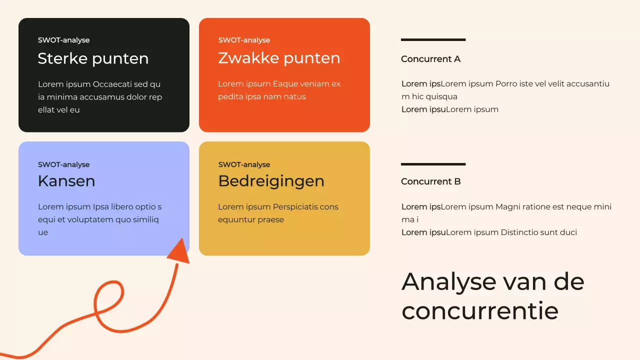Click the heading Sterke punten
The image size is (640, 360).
point(93,58)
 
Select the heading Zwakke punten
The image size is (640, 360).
point(279,58)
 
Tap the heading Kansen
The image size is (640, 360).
point(66,181)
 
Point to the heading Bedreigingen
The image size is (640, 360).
point(271,181)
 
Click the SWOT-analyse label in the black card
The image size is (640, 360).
point(63,40)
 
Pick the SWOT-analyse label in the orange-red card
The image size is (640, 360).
point(244,40)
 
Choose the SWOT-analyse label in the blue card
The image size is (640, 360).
point(63,164)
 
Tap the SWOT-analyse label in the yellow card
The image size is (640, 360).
point(244,164)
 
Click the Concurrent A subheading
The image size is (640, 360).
point(430,59)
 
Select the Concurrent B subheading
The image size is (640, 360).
point(430,181)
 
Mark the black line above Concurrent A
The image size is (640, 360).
point(433,39)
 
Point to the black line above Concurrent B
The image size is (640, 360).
point(433,164)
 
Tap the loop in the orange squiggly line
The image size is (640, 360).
point(108,305)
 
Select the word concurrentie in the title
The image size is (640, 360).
point(479,311)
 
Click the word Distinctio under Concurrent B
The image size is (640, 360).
point(518,232)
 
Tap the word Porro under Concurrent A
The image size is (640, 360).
point(505,84)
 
